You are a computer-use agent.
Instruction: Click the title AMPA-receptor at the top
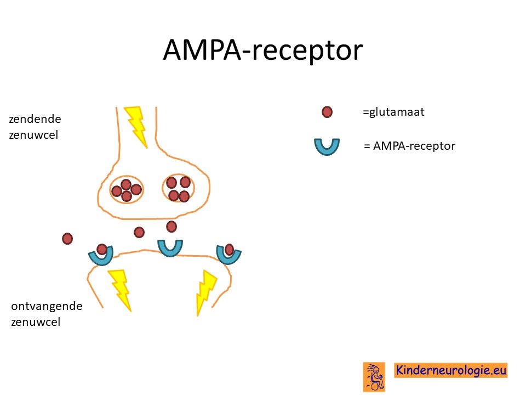[x=263, y=50]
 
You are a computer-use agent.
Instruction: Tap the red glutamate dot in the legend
[x=327, y=112]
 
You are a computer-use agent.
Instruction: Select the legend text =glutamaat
[x=393, y=112]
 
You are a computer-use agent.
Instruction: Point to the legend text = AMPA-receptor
[x=410, y=146]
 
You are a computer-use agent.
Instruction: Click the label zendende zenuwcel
[x=35, y=127]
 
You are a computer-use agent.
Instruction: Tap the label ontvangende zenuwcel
[x=47, y=314]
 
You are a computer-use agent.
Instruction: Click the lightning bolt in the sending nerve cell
[x=136, y=127]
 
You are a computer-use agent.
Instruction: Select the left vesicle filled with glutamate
[x=127, y=190]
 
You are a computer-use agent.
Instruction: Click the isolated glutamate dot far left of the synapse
[x=67, y=239]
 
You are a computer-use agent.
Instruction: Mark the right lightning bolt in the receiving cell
[x=205, y=293]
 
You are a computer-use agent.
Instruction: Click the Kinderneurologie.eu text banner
[x=450, y=370]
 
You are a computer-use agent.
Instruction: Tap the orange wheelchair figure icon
[x=374, y=377]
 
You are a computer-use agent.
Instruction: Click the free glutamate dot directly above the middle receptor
[x=171, y=227]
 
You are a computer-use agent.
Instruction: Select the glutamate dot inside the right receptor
[x=230, y=250]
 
